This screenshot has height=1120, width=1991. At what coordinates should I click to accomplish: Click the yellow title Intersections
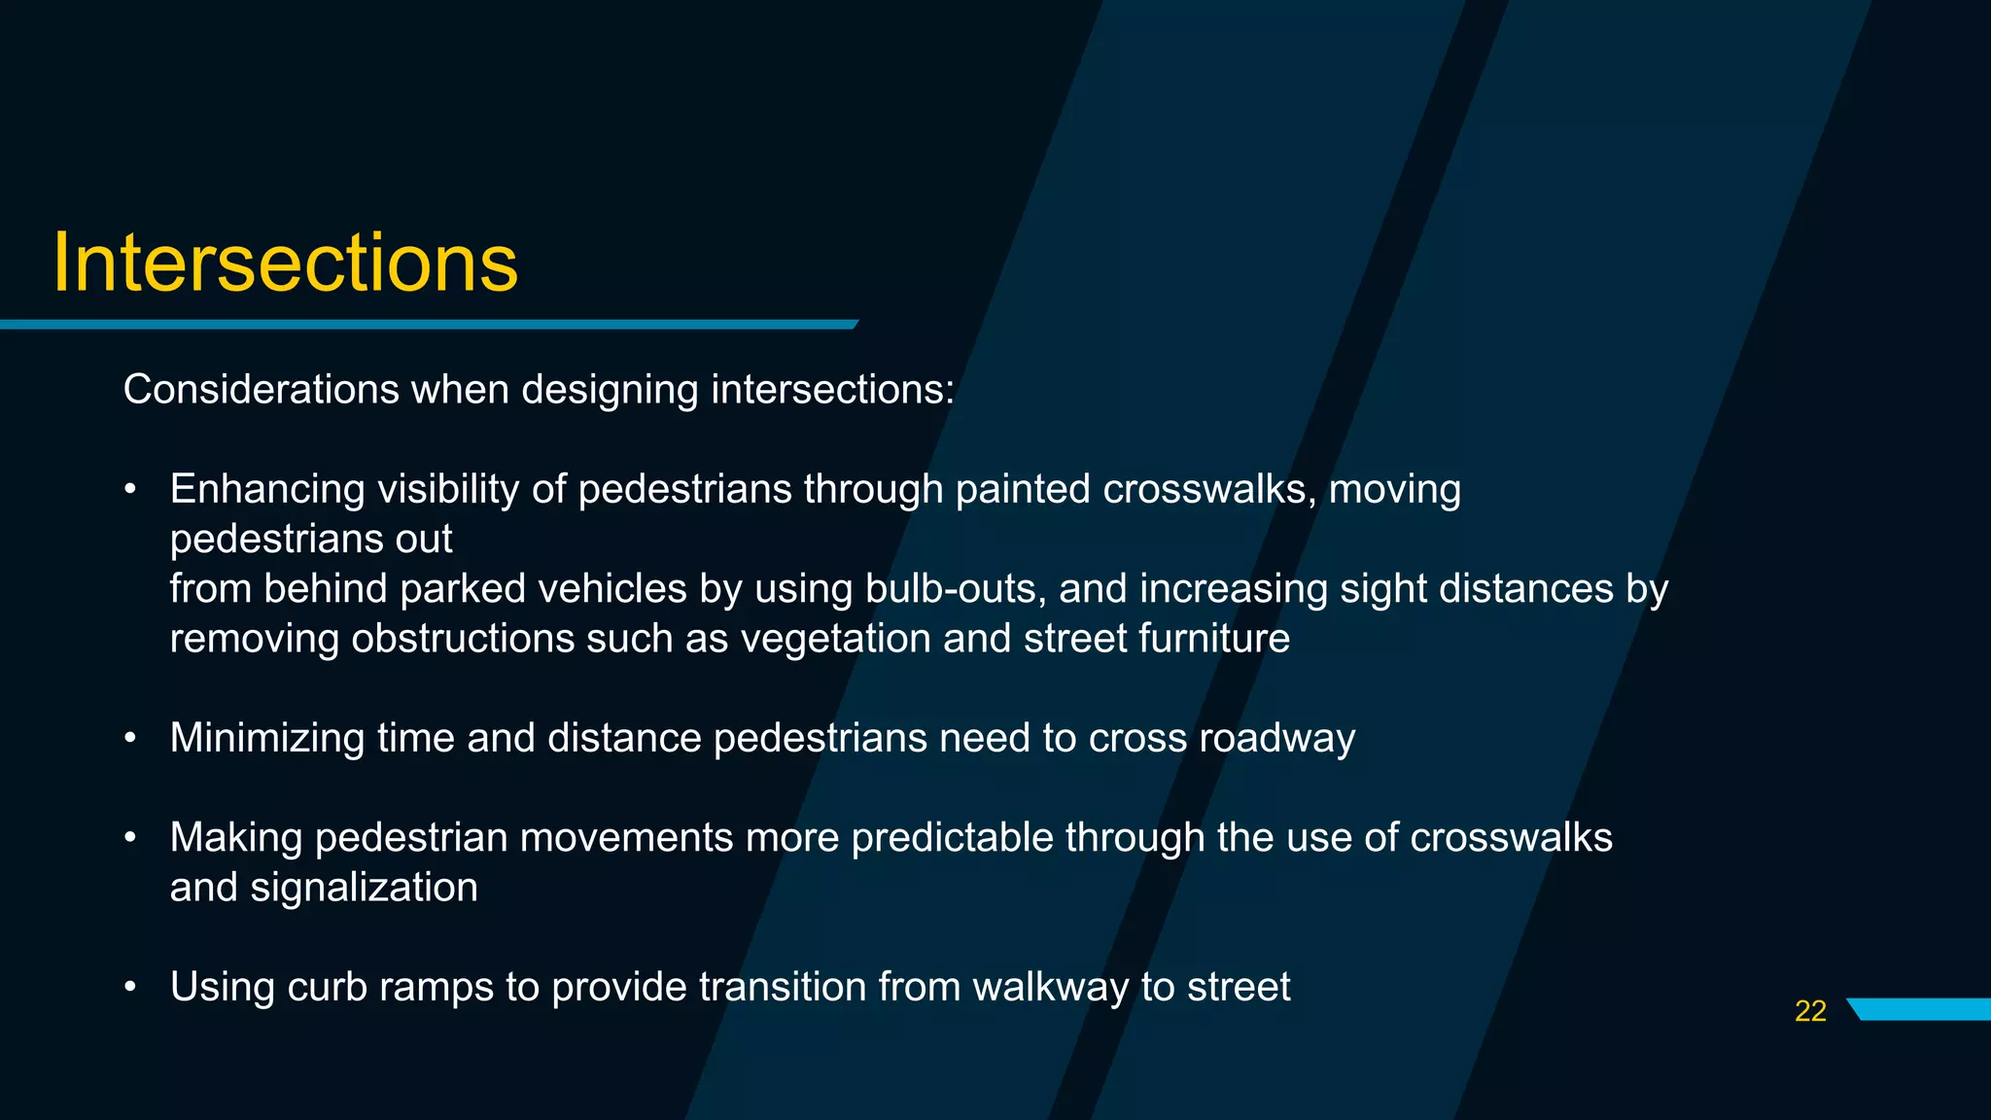click(284, 263)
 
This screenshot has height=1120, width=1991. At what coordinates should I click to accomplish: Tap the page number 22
click(1809, 1011)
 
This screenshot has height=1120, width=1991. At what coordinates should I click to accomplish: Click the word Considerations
click(261, 390)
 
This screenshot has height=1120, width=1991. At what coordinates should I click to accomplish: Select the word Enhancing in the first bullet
click(267, 490)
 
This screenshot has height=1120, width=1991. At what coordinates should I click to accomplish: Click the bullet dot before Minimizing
click(130, 740)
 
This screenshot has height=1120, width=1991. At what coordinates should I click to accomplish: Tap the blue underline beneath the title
click(428, 325)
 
